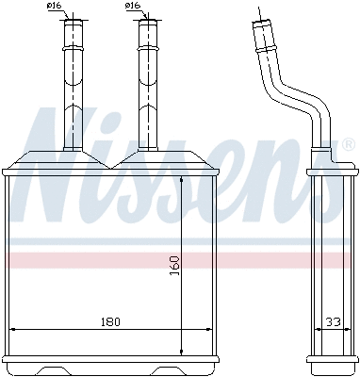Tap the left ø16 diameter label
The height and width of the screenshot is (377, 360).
coord(55,8)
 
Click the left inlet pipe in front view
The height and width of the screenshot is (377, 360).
coord(72,85)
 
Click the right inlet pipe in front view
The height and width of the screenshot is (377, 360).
coord(147,85)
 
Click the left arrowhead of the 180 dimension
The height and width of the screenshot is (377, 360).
coord(12,328)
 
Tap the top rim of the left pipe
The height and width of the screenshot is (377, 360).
coord(72,21)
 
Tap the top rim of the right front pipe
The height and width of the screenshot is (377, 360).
coord(147,21)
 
